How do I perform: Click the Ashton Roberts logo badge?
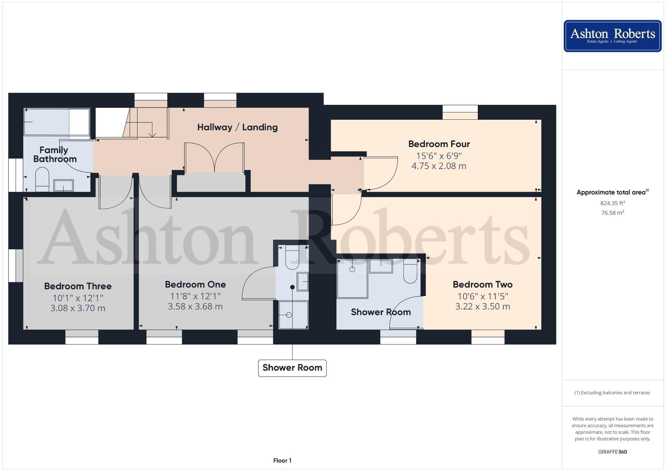click(x=612, y=36)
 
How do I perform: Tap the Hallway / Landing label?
click(x=237, y=127)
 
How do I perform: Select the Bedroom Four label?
click(x=439, y=144)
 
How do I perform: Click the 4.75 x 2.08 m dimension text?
click(x=439, y=166)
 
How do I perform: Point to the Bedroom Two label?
click(x=482, y=285)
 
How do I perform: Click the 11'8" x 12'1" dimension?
click(x=195, y=296)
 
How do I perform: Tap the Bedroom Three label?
click(x=78, y=286)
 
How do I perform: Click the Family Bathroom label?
click(x=54, y=155)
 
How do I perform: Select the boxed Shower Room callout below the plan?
click(x=292, y=368)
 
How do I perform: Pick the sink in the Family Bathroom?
click(x=64, y=186)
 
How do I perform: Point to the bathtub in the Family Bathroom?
click(x=57, y=122)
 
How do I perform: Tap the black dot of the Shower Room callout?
click(x=292, y=287)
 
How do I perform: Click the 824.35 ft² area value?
click(x=612, y=203)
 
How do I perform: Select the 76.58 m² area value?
click(x=612, y=213)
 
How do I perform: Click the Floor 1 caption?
click(x=282, y=460)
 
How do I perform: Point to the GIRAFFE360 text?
click(x=612, y=452)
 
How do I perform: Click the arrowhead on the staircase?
click(x=152, y=135)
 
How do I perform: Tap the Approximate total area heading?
click(x=612, y=192)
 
